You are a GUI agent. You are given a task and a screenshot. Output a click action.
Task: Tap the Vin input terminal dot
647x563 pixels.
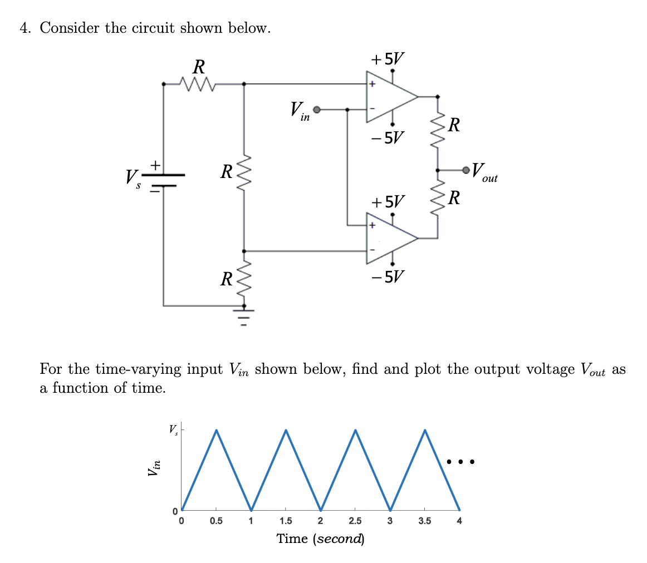pyautogui.click(x=317, y=110)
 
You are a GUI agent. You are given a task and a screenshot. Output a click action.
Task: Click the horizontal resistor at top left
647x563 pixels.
pyautogui.click(x=198, y=84)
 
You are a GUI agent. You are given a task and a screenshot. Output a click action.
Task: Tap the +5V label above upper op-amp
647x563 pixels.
pyautogui.click(x=388, y=58)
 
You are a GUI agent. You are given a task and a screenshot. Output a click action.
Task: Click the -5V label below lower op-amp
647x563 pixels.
pyautogui.click(x=388, y=276)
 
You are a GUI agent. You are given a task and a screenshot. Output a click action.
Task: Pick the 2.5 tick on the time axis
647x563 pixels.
pyautogui.click(x=355, y=521)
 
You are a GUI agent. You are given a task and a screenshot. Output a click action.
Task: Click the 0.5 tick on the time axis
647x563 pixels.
pyautogui.click(x=216, y=521)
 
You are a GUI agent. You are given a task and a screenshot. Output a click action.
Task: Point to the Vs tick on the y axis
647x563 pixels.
pyautogui.click(x=173, y=429)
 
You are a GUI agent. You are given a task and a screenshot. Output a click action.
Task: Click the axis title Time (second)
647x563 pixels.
pyautogui.click(x=321, y=539)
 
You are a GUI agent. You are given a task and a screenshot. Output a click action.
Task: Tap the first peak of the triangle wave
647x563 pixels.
pyautogui.click(x=216, y=430)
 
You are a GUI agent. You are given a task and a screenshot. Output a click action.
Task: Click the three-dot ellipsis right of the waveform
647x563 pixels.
pyautogui.click(x=460, y=461)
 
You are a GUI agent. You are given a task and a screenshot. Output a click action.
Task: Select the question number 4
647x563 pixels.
pyautogui.click(x=24, y=28)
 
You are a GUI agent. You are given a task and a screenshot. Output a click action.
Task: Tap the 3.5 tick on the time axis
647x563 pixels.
pyautogui.click(x=424, y=521)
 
